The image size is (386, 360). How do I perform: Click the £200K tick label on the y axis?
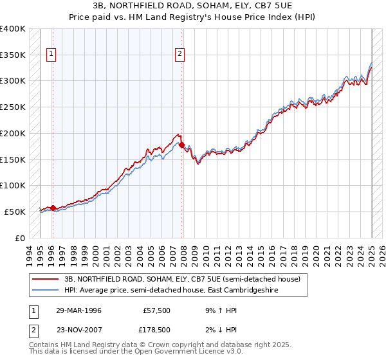[13, 133]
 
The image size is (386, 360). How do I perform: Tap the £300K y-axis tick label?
[13, 81]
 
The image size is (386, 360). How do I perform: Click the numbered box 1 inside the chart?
[51, 54]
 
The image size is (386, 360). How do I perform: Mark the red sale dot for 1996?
[53, 208]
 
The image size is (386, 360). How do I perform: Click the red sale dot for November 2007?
[181, 145]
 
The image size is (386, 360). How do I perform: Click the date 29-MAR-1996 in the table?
[78, 310]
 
